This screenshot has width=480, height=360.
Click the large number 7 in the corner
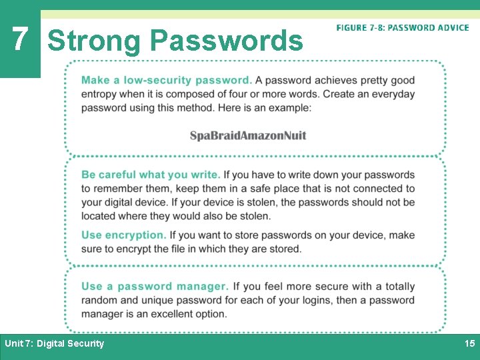[20, 39]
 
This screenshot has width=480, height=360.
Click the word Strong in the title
[94, 41]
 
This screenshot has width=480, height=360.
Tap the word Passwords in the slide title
[227, 41]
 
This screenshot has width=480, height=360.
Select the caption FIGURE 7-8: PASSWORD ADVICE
[403, 28]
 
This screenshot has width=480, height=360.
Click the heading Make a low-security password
[167, 80]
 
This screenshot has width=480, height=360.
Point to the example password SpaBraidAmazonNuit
[248, 135]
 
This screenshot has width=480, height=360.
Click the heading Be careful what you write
[151, 175]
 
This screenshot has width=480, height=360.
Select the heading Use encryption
[124, 235]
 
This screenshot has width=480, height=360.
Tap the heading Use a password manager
[155, 286]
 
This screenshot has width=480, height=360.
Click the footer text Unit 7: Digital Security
[55, 343]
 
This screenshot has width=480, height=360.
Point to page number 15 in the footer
[469, 343]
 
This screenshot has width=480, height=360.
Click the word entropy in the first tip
[100, 94]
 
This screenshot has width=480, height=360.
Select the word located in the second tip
[101, 216]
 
